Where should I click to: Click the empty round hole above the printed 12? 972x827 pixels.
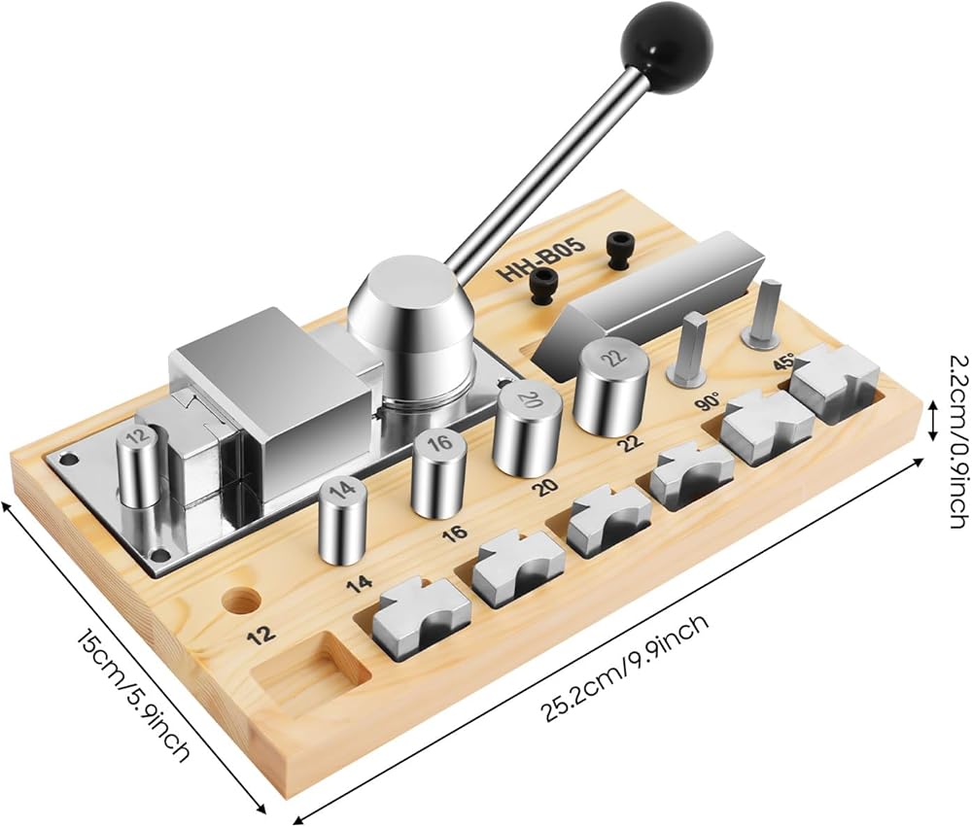(242, 601)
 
